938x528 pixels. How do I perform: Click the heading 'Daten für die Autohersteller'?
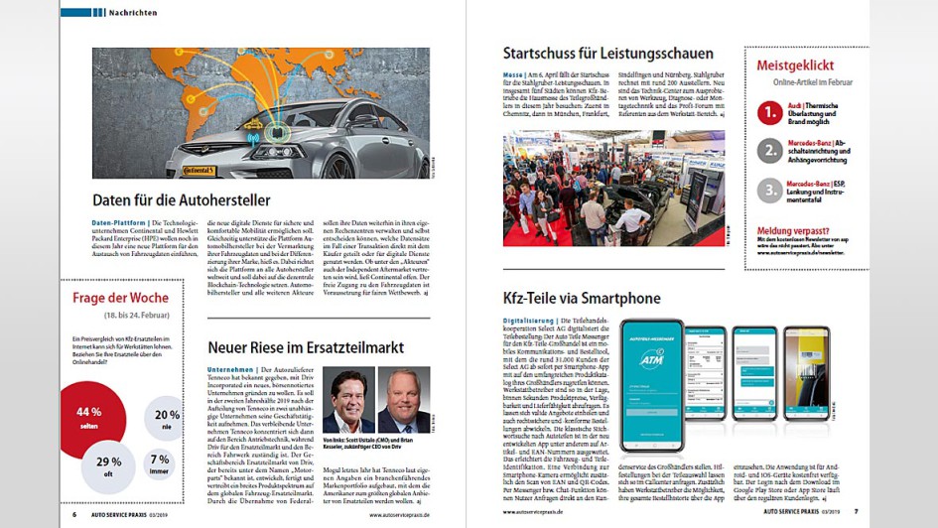[x=181, y=199]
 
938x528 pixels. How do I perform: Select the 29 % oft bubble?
[x=109, y=466]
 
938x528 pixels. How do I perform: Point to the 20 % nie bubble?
[x=165, y=418]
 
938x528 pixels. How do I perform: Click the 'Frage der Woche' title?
[x=121, y=298]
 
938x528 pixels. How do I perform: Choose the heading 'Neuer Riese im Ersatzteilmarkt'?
[x=305, y=347]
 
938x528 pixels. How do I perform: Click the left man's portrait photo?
[x=348, y=399]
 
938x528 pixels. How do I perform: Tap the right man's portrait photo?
[x=404, y=399]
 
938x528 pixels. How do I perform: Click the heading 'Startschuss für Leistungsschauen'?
[x=607, y=54]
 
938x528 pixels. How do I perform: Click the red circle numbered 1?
[x=769, y=113]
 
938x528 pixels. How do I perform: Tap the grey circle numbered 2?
[x=769, y=151]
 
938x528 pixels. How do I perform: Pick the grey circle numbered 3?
[x=769, y=190]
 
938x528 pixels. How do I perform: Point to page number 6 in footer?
[x=74, y=514]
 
